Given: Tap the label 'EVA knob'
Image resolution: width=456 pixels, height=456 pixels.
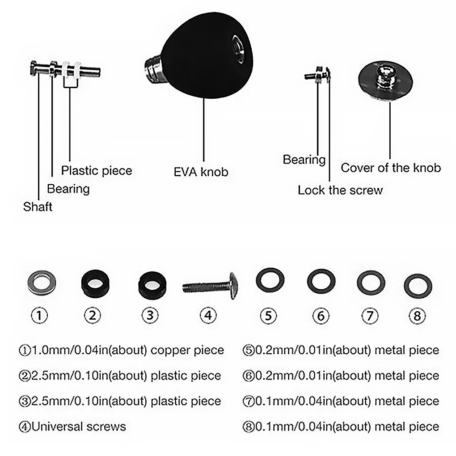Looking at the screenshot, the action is pos(201,172).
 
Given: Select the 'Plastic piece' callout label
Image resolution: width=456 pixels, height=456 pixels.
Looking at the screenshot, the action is pos(97,170).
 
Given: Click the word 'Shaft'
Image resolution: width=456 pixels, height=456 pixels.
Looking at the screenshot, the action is pos(38,207).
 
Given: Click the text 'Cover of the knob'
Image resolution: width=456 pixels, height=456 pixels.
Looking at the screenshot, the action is pos(391,168).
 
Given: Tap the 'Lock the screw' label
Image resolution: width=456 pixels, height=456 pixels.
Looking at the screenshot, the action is pos(340,190).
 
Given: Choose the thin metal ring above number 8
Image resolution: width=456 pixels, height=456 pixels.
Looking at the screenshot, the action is pos(418,286).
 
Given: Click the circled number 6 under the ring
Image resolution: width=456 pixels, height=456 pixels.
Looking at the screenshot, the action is pos(321,316).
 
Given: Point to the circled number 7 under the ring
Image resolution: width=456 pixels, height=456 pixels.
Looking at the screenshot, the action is pos(369,316).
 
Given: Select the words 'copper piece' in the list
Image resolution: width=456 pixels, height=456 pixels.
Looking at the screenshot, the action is pos(187,350).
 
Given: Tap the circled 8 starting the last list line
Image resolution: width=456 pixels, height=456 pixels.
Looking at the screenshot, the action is pos(249,426).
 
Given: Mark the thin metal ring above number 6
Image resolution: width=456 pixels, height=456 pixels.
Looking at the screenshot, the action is pos(321,282).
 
